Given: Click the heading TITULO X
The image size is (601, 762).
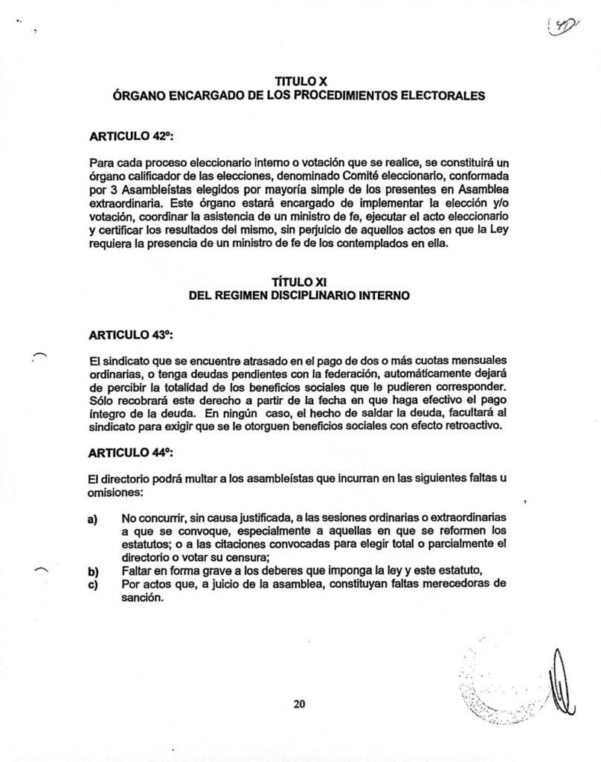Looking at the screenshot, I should [300, 81].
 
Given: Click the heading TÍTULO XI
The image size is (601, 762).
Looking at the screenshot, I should [300, 281].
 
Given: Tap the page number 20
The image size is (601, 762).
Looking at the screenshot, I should [300, 704].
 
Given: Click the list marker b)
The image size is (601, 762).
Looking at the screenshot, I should [94, 571].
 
